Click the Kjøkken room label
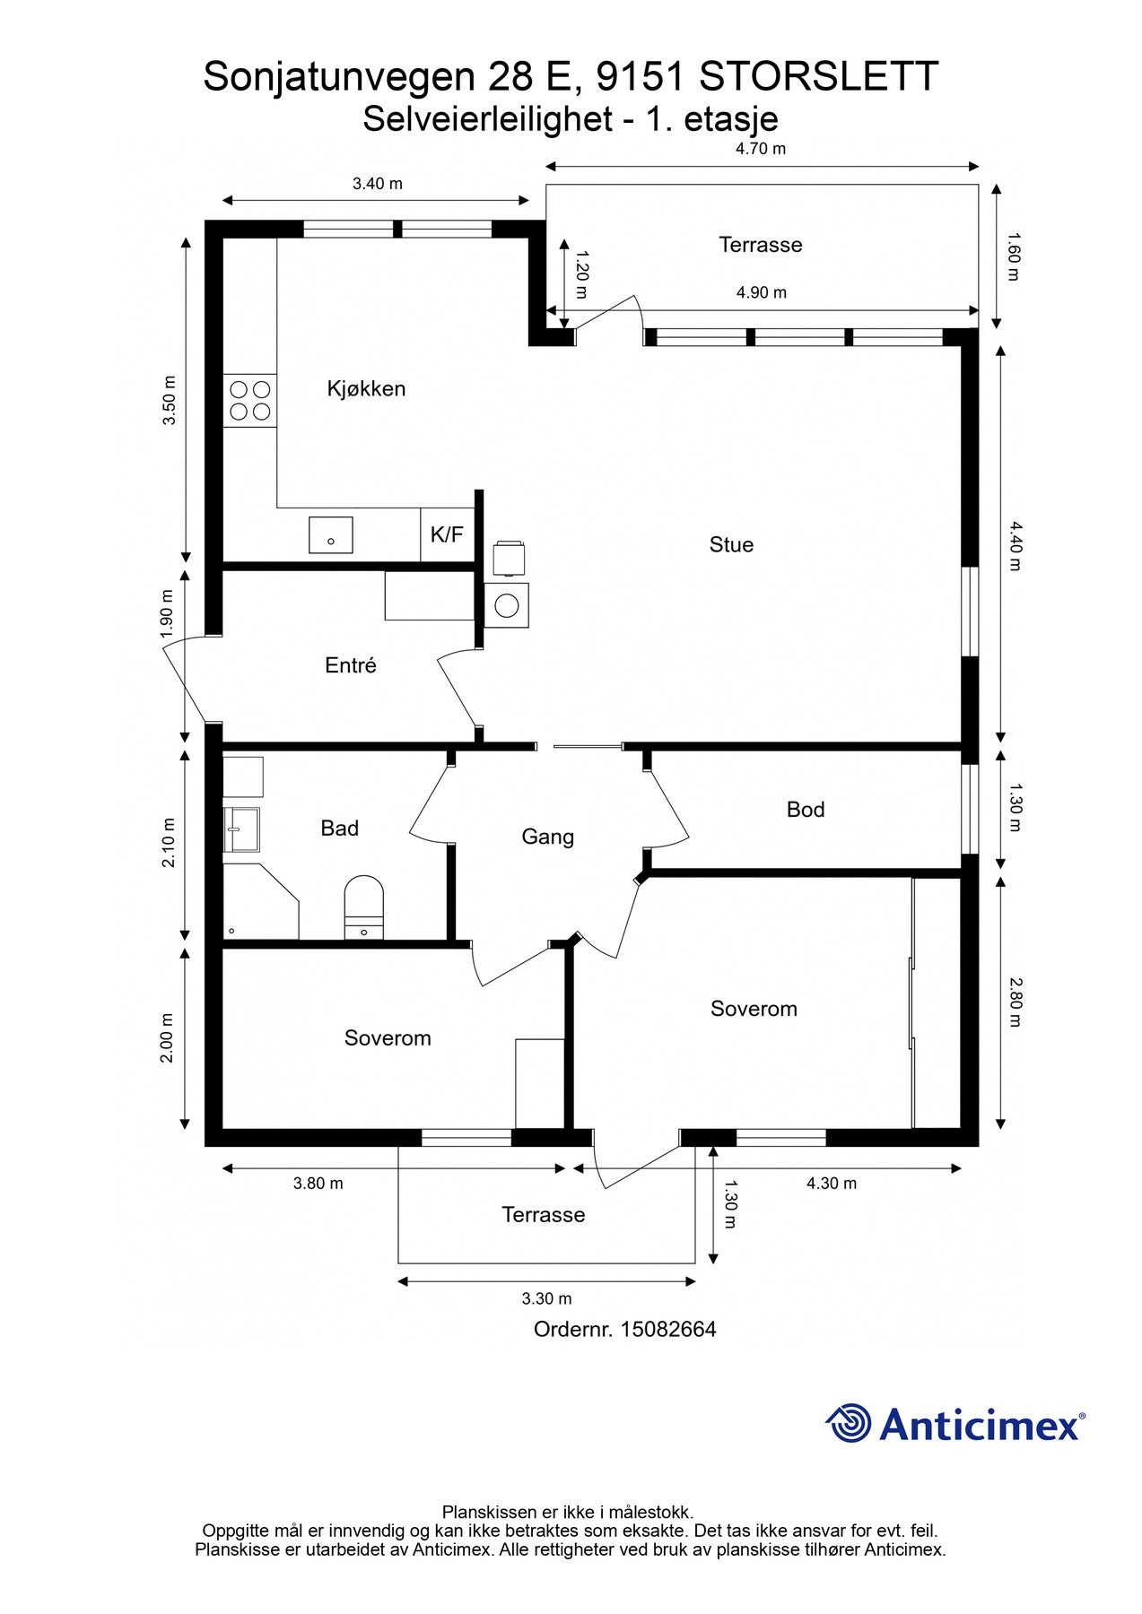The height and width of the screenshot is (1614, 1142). tap(366, 389)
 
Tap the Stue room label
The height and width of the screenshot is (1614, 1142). tap(731, 545)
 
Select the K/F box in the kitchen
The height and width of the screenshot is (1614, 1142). tap(447, 535)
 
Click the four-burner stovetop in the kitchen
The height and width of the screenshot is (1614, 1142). tap(250, 401)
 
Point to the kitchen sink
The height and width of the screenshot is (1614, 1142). tap(331, 535)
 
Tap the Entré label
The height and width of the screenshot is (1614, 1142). tap(351, 665)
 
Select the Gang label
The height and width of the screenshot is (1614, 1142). tap(547, 837)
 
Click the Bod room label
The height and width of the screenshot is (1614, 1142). tap(806, 810)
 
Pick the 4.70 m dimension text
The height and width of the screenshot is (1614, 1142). tap(761, 149)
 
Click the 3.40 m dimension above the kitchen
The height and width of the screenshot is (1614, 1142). tap(378, 184)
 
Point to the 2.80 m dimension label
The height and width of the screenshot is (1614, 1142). tap(1015, 1002)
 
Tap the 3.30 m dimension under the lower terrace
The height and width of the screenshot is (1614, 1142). tap(546, 1298)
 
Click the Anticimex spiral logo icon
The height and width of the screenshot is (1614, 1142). tap(849, 1423)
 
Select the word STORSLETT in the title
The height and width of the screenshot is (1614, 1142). tap(818, 77)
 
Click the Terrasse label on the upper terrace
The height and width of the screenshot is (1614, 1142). tap(761, 245)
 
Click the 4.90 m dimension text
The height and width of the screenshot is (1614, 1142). tap(762, 292)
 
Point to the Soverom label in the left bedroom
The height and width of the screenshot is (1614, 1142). tap(388, 1038)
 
